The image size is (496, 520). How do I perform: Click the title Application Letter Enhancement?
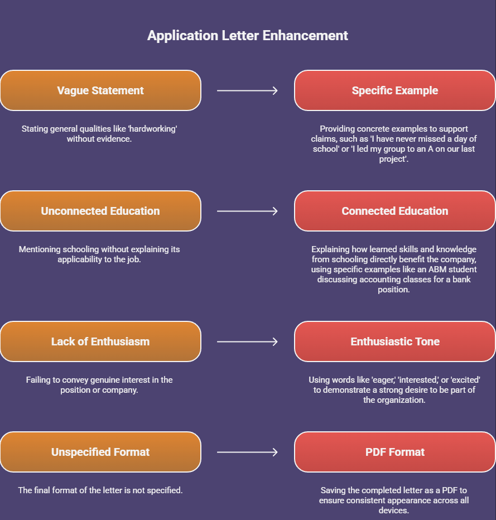248,36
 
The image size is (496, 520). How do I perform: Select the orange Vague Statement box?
100,90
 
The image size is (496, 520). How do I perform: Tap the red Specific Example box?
394,90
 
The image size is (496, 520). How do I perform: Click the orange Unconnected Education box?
100,211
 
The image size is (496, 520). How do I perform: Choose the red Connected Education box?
394,211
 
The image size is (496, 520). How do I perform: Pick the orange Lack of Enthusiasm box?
100,341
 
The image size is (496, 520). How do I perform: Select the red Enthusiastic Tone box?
394,341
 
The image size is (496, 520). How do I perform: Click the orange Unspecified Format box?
100,452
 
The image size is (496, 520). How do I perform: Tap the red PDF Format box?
394,452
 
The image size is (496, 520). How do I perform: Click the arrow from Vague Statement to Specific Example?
247,90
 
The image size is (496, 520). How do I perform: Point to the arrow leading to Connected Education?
247,211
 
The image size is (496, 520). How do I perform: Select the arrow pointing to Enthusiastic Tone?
247,341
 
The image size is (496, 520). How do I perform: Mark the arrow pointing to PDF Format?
247,452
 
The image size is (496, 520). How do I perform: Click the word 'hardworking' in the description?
152,129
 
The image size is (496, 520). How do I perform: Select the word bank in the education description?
461,280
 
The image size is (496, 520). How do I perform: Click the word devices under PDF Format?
394,511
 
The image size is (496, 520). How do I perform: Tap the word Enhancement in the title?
306,36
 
